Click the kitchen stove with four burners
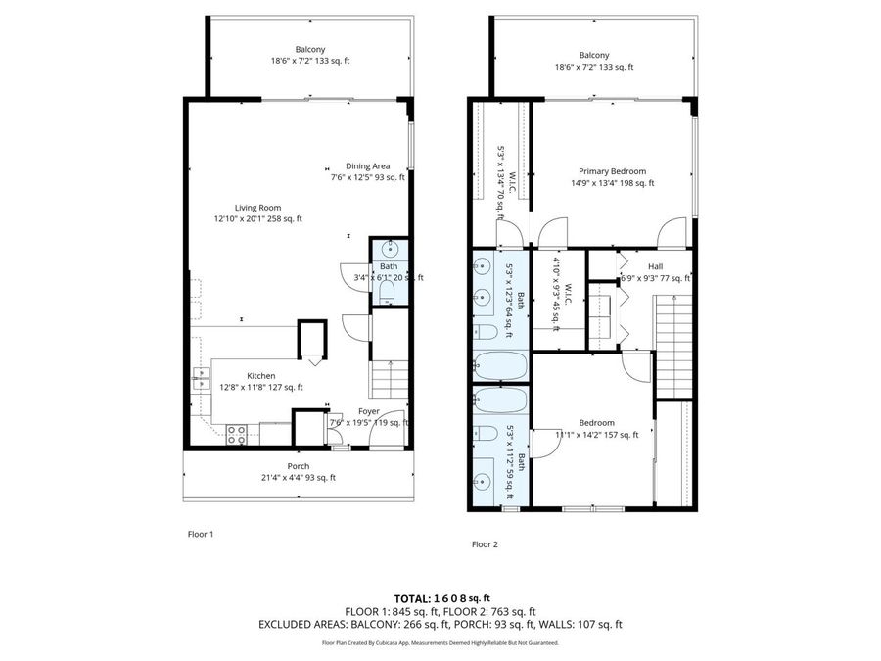tap(236, 434)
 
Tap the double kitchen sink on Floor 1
tap(203, 379)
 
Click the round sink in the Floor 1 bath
tap(389, 248)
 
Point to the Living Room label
tap(257, 207)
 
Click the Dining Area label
tap(367, 165)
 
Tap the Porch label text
tap(298, 466)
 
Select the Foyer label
tap(368, 411)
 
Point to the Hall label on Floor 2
tap(655, 265)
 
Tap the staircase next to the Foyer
tap(389, 377)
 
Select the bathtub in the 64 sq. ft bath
tap(500, 366)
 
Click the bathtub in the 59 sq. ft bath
tap(500, 400)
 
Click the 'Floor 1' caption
tap(200, 534)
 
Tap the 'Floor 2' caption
tap(485, 543)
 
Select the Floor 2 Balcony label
tap(593, 55)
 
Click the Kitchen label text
tap(260, 375)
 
